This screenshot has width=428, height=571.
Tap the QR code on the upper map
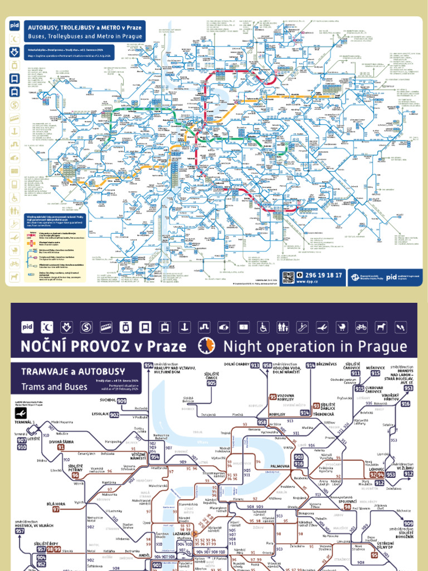coord(288,277)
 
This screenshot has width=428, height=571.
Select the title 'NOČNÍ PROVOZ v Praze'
coord(104,346)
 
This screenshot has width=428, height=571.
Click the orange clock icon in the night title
coord(206,346)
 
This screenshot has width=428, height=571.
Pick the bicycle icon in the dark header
coord(361,326)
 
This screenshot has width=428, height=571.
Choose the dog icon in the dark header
coord(381,326)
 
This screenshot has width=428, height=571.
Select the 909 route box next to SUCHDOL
coord(121,400)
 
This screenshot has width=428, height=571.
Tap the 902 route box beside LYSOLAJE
coord(114,415)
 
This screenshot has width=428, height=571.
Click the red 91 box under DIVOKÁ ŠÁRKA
coord(61,447)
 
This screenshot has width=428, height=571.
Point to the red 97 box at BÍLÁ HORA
coord(56,509)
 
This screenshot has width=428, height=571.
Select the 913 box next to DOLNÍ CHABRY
coord(255,365)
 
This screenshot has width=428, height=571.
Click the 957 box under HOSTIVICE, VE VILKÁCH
coord(20,531)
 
